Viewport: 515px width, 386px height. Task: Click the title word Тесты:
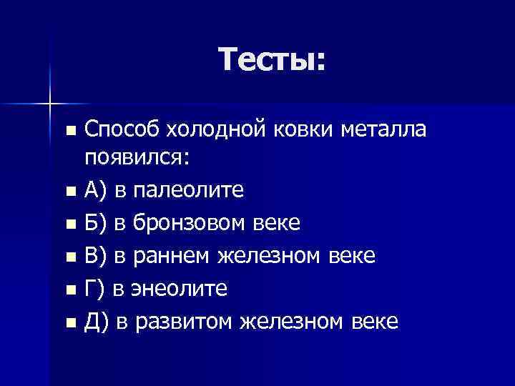[272, 59]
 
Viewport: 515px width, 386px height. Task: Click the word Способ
[122, 130]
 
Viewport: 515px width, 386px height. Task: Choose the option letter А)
[96, 190]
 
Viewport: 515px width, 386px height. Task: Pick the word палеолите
[188, 190]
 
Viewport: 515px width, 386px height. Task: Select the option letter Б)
[96, 223]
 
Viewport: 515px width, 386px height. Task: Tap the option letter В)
[96, 256]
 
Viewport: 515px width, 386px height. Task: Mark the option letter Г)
[94, 289]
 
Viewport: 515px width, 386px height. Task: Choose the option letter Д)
[97, 322]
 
